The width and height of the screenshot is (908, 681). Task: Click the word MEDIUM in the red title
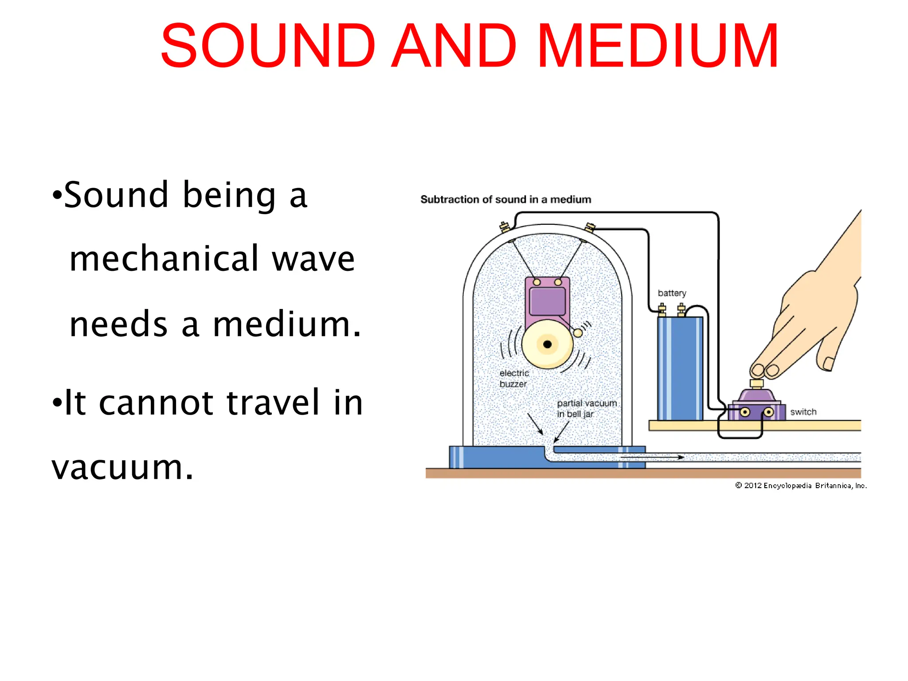658,47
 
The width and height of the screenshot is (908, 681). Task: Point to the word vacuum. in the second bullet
122,468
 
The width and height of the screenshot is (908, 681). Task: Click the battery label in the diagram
672,293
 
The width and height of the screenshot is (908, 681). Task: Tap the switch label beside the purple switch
803,412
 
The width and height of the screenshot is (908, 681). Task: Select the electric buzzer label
514,379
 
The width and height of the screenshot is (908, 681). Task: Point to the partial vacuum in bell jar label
586,408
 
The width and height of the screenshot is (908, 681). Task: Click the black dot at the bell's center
547,344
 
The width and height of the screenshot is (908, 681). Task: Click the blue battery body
680,368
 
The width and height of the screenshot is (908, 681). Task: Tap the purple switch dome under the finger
756,395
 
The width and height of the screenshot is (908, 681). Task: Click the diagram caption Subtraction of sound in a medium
505,200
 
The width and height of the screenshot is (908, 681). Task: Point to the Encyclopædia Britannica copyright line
801,485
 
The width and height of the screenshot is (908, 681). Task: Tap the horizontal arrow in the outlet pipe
652,457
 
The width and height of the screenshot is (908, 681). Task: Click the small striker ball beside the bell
578,333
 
